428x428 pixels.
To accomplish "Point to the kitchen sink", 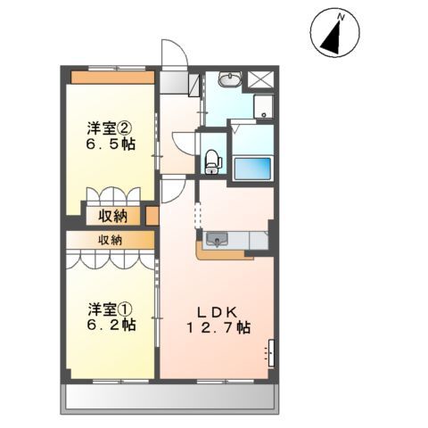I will pyautogui.click(x=217, y=239).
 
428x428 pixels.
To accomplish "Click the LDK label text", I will pyautogui.click(x=217, y=311).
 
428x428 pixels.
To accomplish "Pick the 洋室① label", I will pyautogui.click(x=111, y=309).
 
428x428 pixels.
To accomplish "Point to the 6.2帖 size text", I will pyautogui.click(x=111, y=325).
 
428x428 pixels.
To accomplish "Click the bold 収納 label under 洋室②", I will pyautogui.click(x=112, y=215).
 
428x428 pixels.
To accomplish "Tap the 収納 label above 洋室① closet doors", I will pyautogui.click(x=111, y=240).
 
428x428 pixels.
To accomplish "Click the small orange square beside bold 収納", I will pyautogui.click(x=152, y=215).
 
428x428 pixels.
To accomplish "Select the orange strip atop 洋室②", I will pyautogui.click(x=112, y=77).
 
